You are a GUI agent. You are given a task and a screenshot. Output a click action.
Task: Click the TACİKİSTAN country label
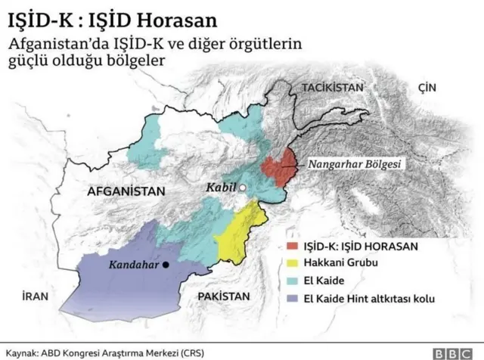point(333,88)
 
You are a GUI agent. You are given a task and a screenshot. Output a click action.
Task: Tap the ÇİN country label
point(427,88)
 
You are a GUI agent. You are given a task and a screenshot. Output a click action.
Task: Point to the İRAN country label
point(35,297)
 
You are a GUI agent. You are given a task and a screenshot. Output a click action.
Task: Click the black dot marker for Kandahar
point(166,265)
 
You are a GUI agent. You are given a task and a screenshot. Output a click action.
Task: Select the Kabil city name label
point(223,187)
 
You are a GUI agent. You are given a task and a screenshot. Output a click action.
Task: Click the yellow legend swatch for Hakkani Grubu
point(292,264)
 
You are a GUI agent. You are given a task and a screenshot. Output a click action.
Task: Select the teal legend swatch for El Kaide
point(292,281)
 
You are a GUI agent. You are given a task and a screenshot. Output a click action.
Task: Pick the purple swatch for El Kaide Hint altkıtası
point(292,299)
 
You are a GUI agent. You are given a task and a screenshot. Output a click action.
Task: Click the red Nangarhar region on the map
point(279,168)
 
